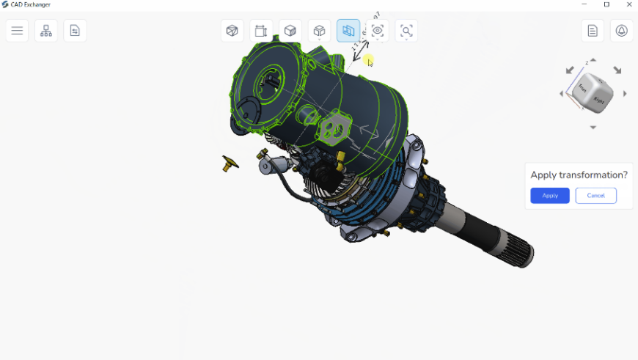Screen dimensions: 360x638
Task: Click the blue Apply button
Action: [x=549, y=196]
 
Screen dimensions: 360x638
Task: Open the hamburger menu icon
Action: [x=17, y=31]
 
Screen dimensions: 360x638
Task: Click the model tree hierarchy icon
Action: [x=46, y=31]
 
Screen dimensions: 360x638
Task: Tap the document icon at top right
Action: [x=593, y=31]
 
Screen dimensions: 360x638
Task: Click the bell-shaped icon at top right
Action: [x=622, y=31]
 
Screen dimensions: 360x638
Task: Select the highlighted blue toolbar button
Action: [x=348, y=31]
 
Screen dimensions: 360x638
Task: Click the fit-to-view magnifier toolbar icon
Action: [x=406, y=31]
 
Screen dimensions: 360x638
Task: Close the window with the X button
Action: [x=628, y=4]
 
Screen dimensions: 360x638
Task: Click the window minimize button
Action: [x=584, y=4]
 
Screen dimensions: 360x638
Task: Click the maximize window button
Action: [x=606, y=4]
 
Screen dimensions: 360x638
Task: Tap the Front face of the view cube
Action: [x=583, y=89]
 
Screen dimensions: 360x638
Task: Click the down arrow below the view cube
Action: [x=593, y=128]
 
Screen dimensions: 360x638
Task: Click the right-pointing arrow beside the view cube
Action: [x=625, y=94]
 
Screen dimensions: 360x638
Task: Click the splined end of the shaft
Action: [x=522, y=252]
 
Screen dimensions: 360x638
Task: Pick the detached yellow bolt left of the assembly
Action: [x=230, y=163]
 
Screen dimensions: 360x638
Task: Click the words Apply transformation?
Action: [x=579, y=175]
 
